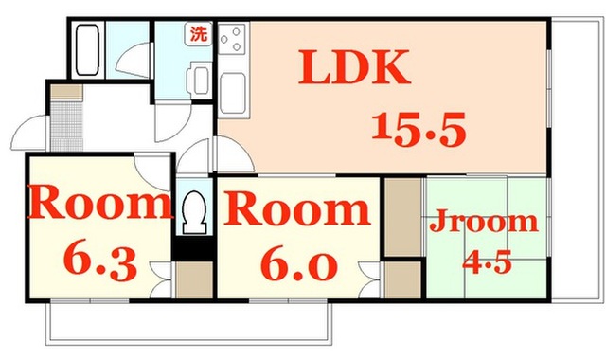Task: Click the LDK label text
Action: pos(354,67)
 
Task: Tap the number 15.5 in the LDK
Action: pos(419,130)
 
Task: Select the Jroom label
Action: pos(484,222)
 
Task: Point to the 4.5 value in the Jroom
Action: pos(488,261)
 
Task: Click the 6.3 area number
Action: pos(100,263)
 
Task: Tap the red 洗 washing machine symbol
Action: pos(199,33)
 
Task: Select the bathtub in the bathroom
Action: pos(87,49)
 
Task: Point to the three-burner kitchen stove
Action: pos(232,38)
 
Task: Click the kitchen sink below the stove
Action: pos(233,94)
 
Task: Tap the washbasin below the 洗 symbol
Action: pos(199,80)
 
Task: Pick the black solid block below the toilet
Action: pos(193,248)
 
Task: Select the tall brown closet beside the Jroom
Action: pos(403,217)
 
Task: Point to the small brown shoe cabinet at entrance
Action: pos(66,92)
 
